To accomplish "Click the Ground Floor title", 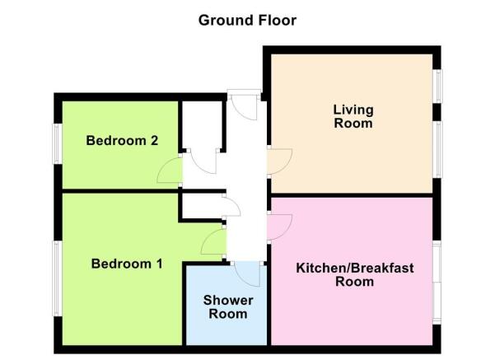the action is (247, 21).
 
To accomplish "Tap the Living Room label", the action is (353, 116).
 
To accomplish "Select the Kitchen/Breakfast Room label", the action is (354, 274).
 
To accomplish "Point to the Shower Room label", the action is (228, 307).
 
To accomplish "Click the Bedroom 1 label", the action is (127, 264).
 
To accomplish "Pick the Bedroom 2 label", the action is (122, 141).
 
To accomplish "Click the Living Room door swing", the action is (280, 161).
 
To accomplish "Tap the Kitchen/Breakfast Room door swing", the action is (280, 227).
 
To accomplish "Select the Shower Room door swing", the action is (247, 274).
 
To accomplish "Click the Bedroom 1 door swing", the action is (213, 241).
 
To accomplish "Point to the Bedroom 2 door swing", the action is (170, 171).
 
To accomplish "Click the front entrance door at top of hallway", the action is (244, 107).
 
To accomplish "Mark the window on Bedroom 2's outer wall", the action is (57, 143).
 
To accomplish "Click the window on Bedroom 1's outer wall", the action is (57, 278).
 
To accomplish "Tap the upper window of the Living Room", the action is (437, 86).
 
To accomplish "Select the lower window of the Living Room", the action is (437, 149).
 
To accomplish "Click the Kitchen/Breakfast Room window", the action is (437, 283).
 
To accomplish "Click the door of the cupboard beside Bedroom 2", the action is (203, 161).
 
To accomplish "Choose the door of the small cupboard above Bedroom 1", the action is (231, 205).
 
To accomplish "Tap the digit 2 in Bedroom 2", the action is (154, 141).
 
